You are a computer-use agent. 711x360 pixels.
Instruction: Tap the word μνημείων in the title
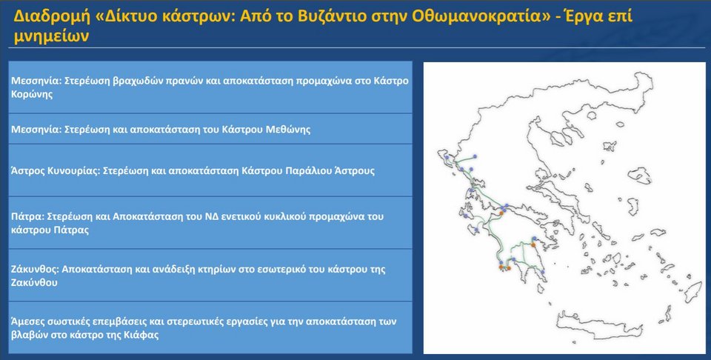tap(51, 36)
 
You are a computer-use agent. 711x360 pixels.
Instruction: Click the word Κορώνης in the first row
tap(32, 95)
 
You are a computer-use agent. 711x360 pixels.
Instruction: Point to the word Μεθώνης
tap(289, 129)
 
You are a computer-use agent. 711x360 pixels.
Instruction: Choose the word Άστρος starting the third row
tap(27, 171)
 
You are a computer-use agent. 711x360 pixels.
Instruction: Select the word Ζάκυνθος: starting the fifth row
tap(35, 269)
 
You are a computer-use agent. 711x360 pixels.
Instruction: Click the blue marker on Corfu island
tap(447, 157)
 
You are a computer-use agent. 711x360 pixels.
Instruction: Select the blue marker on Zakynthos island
tap(476, 231)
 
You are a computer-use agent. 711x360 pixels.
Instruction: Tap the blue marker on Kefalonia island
tap(466, 216)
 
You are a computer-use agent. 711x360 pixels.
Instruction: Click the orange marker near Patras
tap(501, 212)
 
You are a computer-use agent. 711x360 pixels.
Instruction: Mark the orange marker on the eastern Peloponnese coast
tap(534, 245)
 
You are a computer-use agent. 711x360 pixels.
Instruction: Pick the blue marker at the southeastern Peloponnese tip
tap(542, 273)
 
